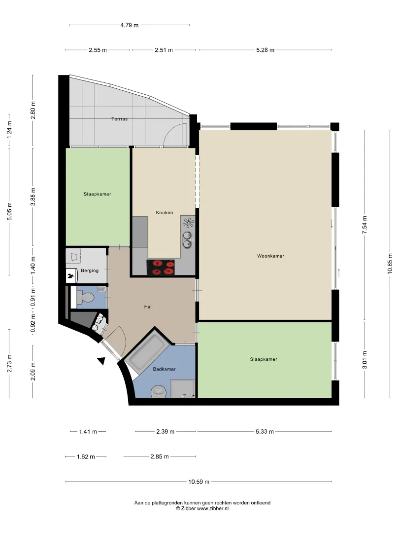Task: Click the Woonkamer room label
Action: click(270, 256)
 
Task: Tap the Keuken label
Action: click(164, 212)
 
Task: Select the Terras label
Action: click(119, 119)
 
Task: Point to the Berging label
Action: click(90, 270)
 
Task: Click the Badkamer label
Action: click(164, 369)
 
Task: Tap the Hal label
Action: click(148, 306)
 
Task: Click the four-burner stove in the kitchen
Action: click(161, 267)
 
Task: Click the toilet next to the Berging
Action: click(85, 298)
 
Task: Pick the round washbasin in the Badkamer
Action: click(159, 391)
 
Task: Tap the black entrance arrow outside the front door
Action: click(101, 361)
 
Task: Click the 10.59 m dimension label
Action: click(199, 481)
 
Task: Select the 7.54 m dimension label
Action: click(365, 225)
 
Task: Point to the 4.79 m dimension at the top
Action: click(129, 25)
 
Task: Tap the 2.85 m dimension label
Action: click(160, 457)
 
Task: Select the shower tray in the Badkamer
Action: click(182, 388)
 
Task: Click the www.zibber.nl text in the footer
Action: click(213, 508)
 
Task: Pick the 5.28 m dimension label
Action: click(265, 50)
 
